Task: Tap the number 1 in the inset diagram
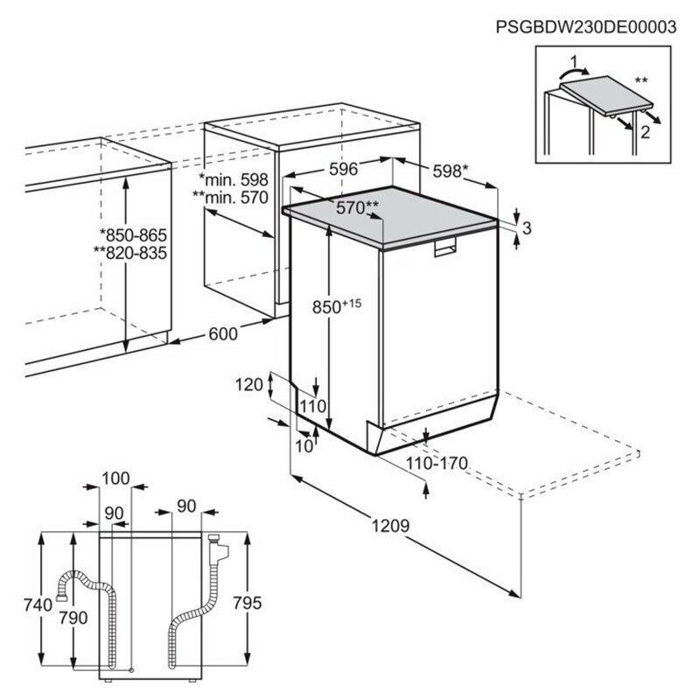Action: click(x=573, y=63)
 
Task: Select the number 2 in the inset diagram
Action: click(x=645, y=133)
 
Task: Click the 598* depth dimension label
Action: click(x=452, y=172)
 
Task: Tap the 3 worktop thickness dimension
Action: click(x=527, y=228)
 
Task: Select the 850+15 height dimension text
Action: click(x=337, y=306)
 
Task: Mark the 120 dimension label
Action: click(x=249, y=383)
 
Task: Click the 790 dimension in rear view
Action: click(x=73, y=619)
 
